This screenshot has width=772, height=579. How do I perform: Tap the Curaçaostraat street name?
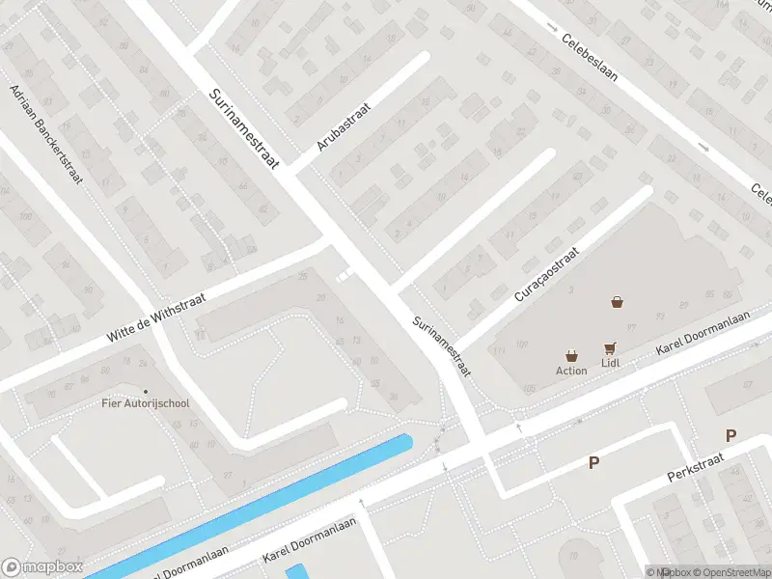coord(546,275)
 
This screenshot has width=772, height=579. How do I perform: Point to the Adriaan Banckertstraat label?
coord(46,134)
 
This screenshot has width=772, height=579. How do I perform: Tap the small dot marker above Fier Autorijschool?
coord(146,391)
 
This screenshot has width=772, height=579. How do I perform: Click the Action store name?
coord(571,371)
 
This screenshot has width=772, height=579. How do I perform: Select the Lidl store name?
coord(609,363)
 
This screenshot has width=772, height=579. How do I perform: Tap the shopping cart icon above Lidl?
coord(609,348)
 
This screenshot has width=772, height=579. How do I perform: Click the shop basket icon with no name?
coord(617,302)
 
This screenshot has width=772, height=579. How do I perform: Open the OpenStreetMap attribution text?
coord(728,572)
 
